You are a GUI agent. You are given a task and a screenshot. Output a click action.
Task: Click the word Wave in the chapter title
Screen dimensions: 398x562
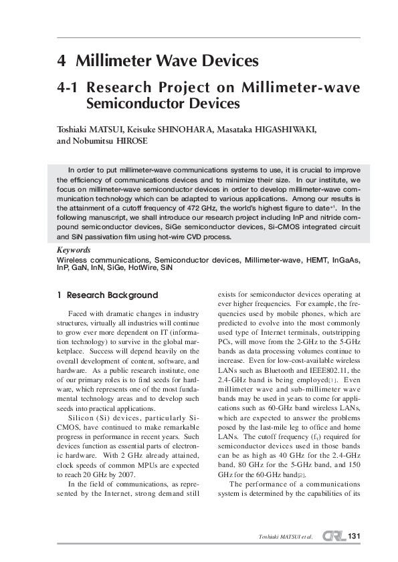[x=165, y=62]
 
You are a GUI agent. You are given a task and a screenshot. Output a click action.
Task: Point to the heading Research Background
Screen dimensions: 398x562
[x=112, y=295]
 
